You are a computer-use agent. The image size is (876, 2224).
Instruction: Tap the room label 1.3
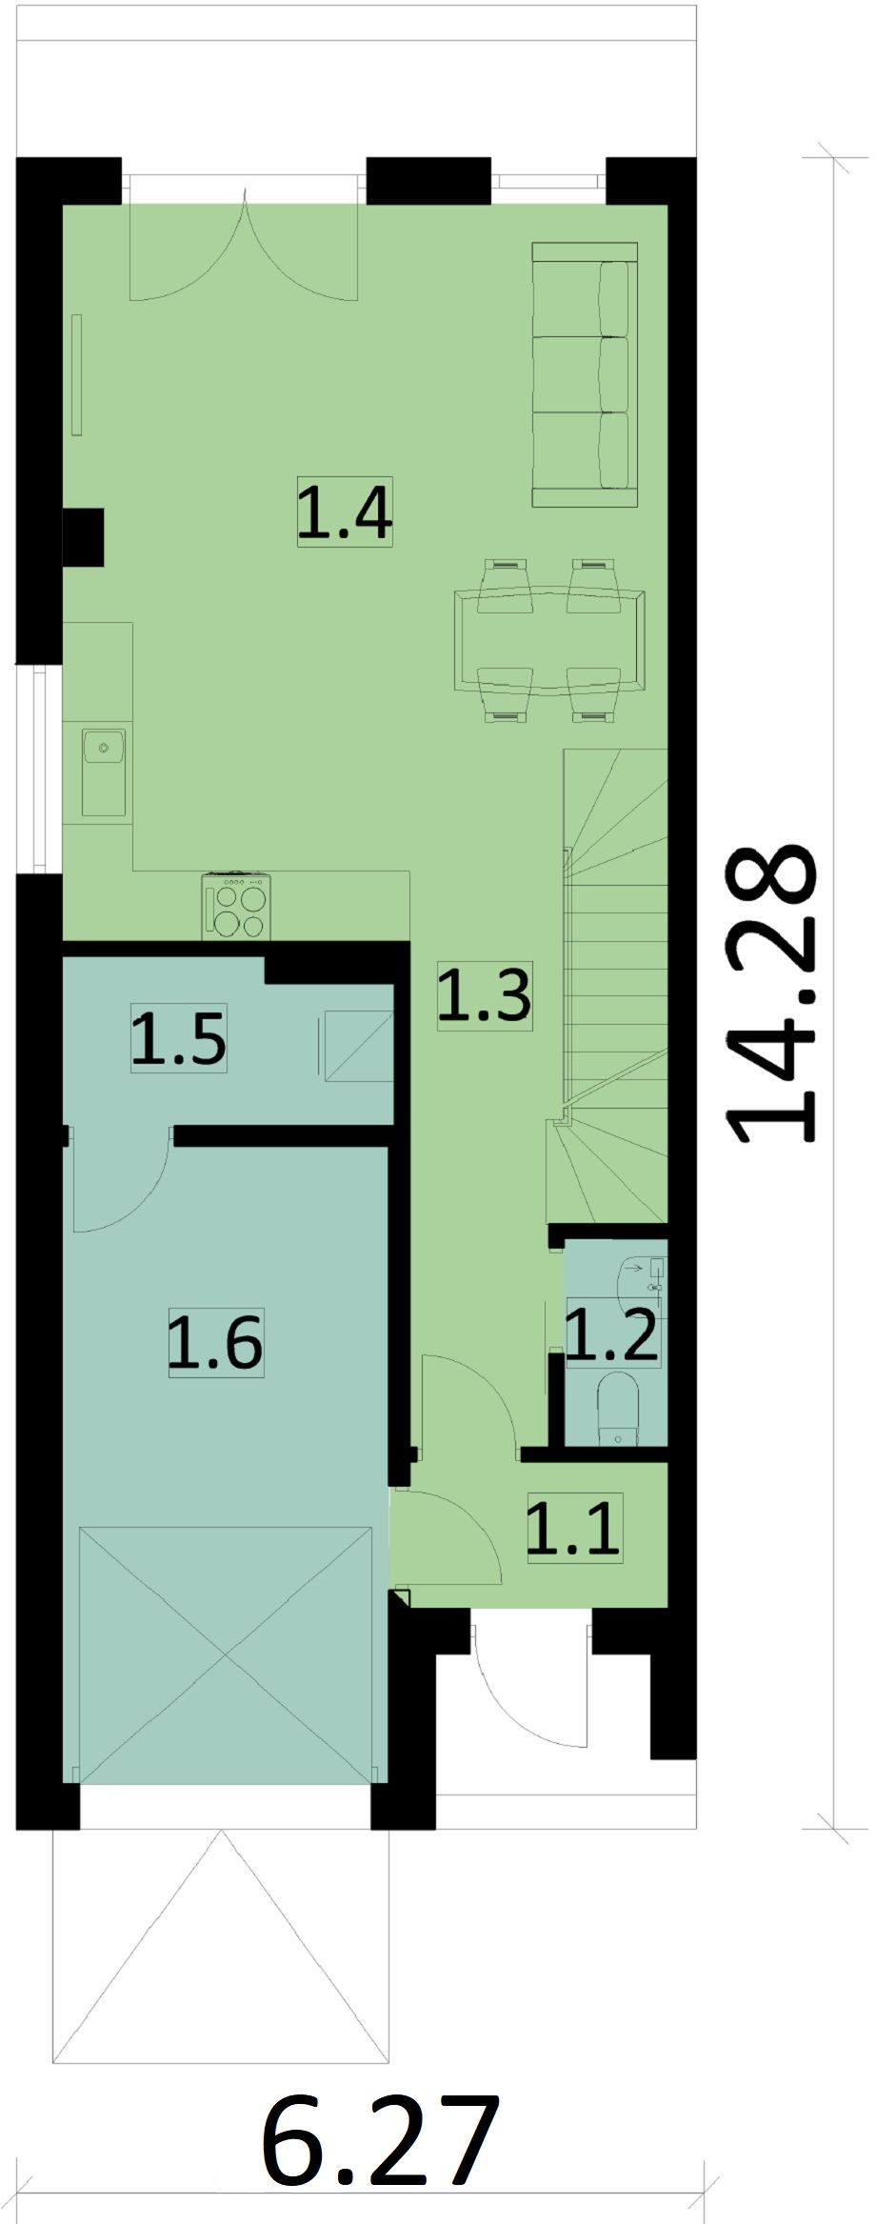pos(484,994)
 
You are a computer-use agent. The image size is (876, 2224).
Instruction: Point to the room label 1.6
pos(215,1343)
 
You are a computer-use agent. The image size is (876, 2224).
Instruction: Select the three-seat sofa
pos(584,374)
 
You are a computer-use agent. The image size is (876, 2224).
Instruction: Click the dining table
pos(549,640)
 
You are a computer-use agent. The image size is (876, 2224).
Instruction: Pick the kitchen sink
pos(104,771)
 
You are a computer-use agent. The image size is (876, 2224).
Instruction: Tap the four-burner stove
pos(236,907)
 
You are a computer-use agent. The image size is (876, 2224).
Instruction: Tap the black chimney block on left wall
pos(83,537)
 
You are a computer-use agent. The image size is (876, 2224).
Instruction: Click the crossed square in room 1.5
pos(357,1046)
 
